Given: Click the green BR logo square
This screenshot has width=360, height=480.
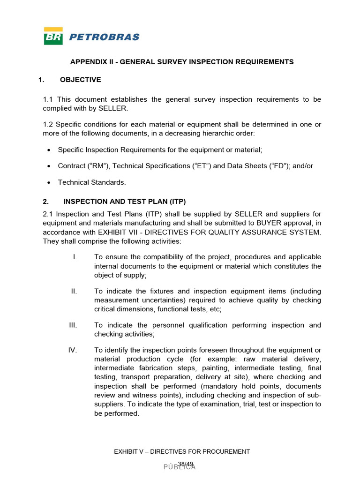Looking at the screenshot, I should pos(53,36).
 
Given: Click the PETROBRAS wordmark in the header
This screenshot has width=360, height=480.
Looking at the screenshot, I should pos(104,37).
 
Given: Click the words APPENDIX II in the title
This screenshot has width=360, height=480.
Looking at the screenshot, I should pos(91,62).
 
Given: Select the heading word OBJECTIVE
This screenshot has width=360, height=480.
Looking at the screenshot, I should pos(80,80).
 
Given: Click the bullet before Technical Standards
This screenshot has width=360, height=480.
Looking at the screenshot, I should pos(50,182).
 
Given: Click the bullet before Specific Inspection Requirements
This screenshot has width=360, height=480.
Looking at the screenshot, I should pos(50,150).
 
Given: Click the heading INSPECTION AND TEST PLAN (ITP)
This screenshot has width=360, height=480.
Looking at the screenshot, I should pos(125,202).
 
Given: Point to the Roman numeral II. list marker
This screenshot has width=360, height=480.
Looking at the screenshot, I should pos(74,291).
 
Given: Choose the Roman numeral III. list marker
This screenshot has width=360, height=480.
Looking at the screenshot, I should pos(73,325).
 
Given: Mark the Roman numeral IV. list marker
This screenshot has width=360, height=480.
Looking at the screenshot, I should pos(73,350).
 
